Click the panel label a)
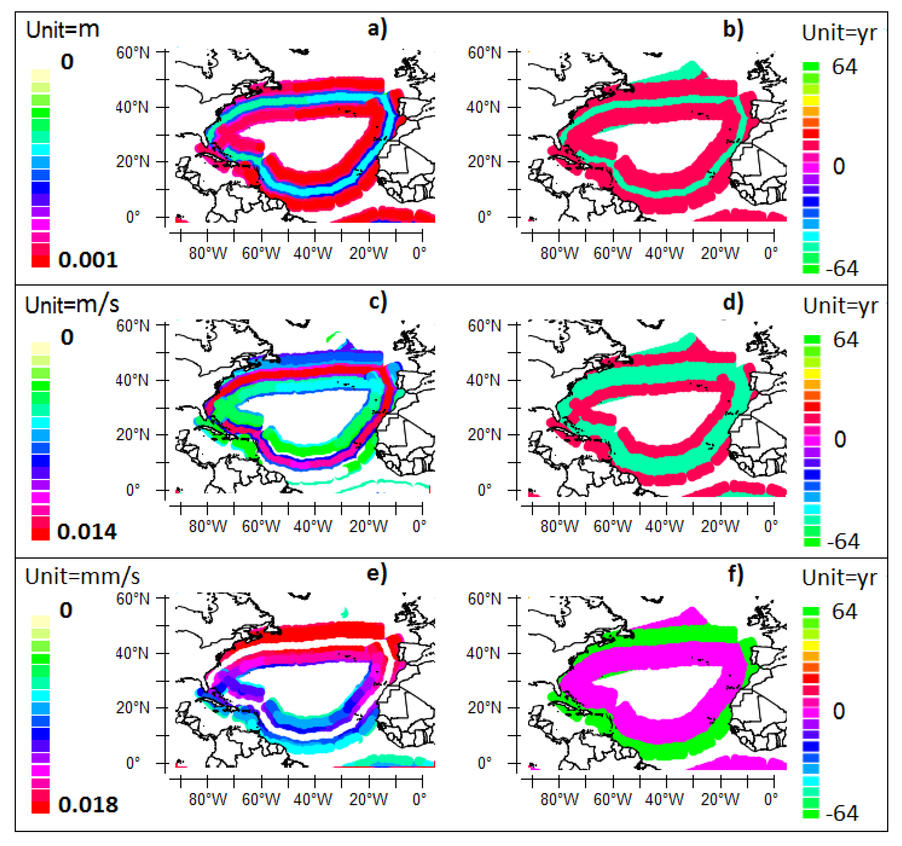point(377,29)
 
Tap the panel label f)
point(735,575)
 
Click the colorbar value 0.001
point(88,260)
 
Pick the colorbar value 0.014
point(87,532)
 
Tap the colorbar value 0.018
point(88,805)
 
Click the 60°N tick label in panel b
point(484,53)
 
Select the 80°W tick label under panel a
point(208,253)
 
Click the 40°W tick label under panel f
point(664,799)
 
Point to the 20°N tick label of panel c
point(132,434)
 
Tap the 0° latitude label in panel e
point(133,763)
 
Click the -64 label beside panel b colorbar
point(842,269)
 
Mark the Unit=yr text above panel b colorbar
point(839,33)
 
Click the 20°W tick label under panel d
point(720,526)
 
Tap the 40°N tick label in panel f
point(483,653)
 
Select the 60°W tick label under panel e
point(261,799)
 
